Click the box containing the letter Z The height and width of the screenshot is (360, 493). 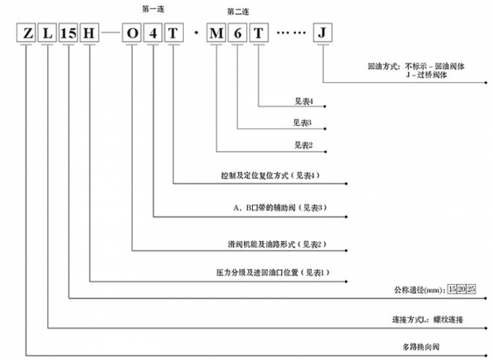pyautogui.click(x=27, y=33)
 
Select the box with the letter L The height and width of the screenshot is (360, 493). pyautogui.click(x=48, y=33)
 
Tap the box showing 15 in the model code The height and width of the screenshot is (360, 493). pyautogui.click(x=68, y=33)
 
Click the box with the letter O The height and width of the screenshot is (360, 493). pyautogui.click(x=132, y=33)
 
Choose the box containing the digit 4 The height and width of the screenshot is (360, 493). pyautogui.click(x=153, y=33)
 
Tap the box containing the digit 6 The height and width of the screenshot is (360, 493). pyautogui.click(x=238, y=33)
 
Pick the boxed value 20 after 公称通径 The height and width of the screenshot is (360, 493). pyautogui.click(x=461, y=289)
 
